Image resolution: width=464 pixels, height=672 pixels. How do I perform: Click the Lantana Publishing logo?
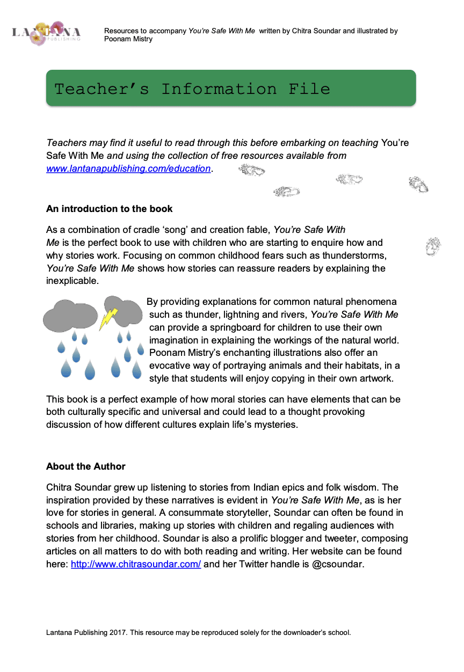[47, 33]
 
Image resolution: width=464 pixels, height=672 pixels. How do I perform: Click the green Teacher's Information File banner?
[231, 88]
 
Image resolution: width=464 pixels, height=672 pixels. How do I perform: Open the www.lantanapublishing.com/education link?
[128, 169]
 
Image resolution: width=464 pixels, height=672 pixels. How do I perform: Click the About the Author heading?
[86, 466]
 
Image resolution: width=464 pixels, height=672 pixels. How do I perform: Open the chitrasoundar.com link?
[136, 564]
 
